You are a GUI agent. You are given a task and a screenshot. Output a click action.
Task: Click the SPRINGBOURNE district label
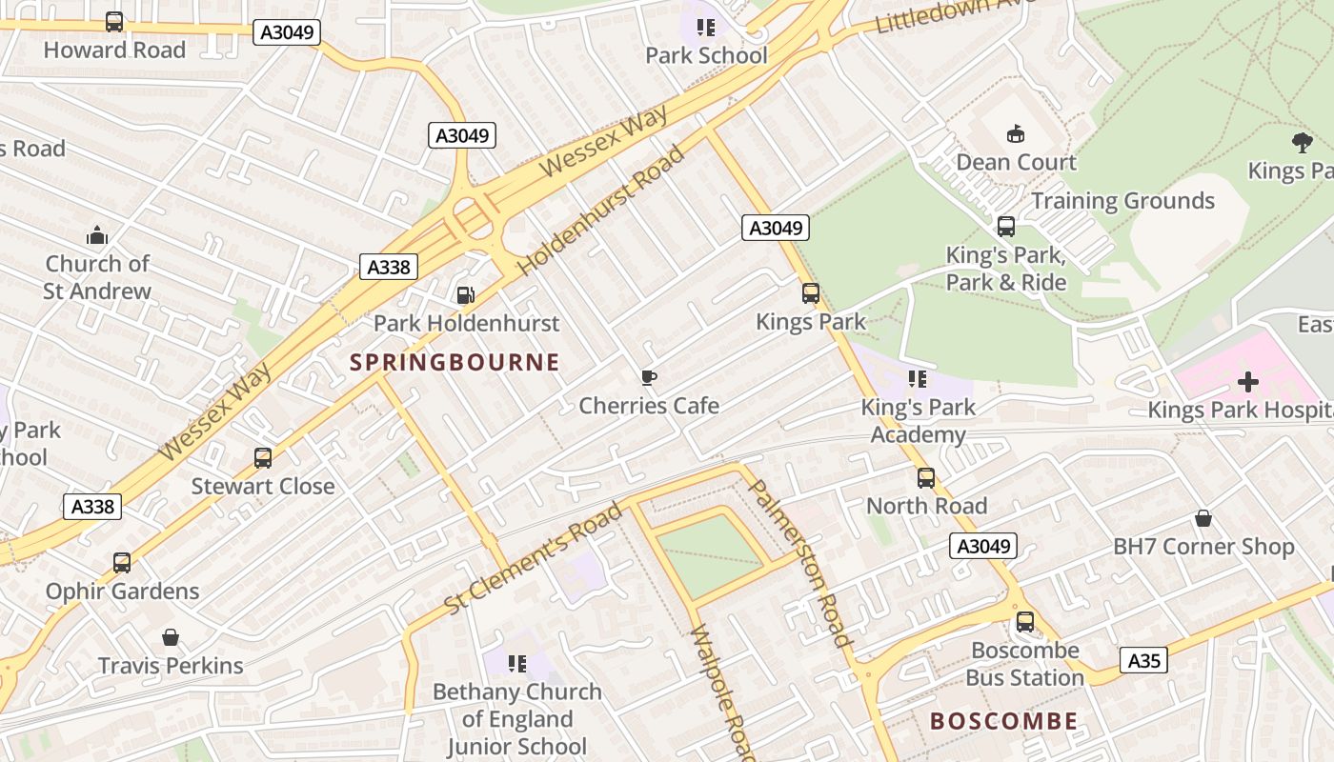coord(455,363)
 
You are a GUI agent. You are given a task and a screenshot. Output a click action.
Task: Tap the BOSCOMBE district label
coord(1003,721)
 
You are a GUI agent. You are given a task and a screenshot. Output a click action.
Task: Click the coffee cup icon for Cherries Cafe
coord(649,378)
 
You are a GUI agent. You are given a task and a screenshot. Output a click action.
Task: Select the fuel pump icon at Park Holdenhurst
coord(465,295)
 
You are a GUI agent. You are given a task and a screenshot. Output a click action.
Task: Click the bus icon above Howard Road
coord(114,21)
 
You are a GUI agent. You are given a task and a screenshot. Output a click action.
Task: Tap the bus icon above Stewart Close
coord(263,458)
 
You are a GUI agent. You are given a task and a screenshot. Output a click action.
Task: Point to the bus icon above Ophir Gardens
coord(122,562)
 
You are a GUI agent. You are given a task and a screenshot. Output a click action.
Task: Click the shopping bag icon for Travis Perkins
coord(171,637)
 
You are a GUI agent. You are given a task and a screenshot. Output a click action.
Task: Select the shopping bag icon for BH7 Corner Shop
coord(1203,518)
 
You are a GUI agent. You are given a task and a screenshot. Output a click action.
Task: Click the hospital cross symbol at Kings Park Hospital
coord(1247,382)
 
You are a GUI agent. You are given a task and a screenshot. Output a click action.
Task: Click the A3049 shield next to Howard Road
coord(287,32)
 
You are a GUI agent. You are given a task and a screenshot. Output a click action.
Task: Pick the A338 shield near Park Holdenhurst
coord(389,267)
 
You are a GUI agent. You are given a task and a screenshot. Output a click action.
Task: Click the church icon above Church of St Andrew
coord(97,235)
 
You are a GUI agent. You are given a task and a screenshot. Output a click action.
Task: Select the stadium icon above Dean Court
coord(1016,133)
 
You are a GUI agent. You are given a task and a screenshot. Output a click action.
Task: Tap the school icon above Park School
coord(706,27)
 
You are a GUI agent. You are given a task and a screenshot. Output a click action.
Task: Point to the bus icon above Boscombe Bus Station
coord(1025,622)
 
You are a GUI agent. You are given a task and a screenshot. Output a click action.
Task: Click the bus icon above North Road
coord(926,478)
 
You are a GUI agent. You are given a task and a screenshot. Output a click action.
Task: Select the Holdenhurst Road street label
coord(602,211)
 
